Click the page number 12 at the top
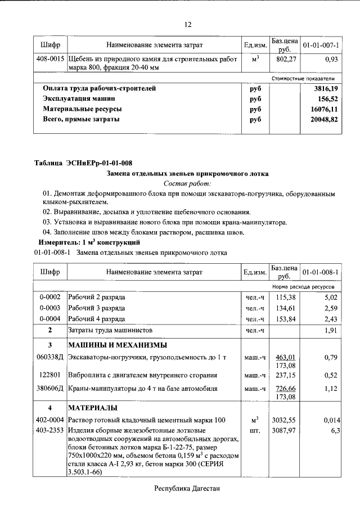[188, 24]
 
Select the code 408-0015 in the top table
[50, 58]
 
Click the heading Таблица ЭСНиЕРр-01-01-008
[84, 164]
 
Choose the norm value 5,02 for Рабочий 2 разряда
[330, 297]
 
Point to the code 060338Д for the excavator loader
[50, 357]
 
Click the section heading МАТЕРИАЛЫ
[93, 408]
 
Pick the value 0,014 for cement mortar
[328, 420]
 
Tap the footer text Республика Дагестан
[187, 489]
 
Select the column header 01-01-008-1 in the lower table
[321, 272]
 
